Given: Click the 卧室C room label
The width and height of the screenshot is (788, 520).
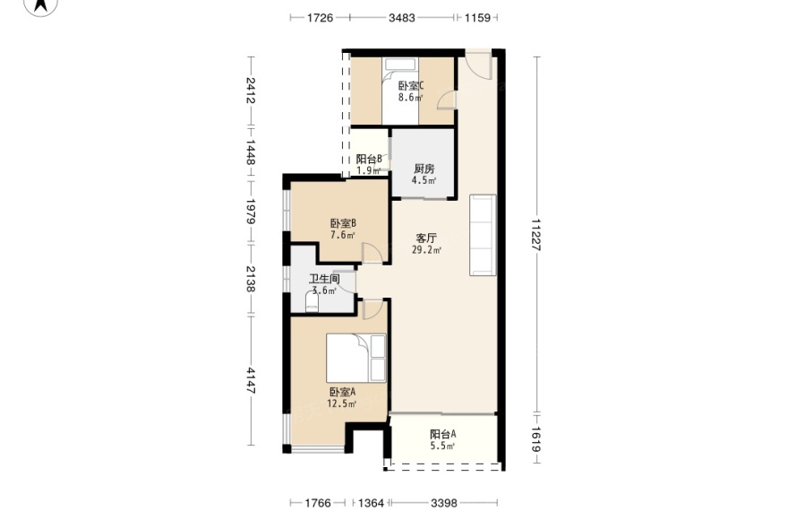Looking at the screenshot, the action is (x=411, y=85).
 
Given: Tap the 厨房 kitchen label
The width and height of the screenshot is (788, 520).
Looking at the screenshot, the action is (x=424, y=169).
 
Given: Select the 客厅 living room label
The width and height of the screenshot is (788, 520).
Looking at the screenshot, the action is (x=426, y=238).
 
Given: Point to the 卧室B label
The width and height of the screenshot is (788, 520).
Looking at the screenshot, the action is (x=343, y=223).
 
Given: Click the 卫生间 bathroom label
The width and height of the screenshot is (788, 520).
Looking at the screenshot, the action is (x=324, y=279).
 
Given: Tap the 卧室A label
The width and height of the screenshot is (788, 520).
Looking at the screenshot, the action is (x=342, y=392).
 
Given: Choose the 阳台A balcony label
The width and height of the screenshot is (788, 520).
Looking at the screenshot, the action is (x=442, y=434).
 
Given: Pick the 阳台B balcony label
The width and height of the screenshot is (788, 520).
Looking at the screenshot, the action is (x=369, y=159).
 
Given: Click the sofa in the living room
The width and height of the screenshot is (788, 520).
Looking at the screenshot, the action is (x=483, y=235).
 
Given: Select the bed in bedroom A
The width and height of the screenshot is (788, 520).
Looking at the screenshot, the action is (x=355, y=358).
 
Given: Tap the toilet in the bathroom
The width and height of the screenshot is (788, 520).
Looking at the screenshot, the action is (x=313, y=302).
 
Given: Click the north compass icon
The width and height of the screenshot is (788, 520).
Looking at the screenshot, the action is (x=41, y=6).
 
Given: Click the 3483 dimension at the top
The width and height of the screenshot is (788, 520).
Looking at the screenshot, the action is (x=402, y=18).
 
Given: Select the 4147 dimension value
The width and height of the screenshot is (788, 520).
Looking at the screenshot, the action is (x=251, y=380).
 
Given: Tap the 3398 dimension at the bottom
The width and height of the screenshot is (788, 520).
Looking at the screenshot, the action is (x=444, y=502).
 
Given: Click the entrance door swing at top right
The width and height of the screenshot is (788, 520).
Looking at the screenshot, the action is (x=477, y=65).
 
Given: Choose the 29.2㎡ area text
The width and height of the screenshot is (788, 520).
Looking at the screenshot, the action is (x=426, y=250).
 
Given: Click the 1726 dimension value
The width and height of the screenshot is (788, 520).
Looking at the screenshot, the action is (x=321, y=18).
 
